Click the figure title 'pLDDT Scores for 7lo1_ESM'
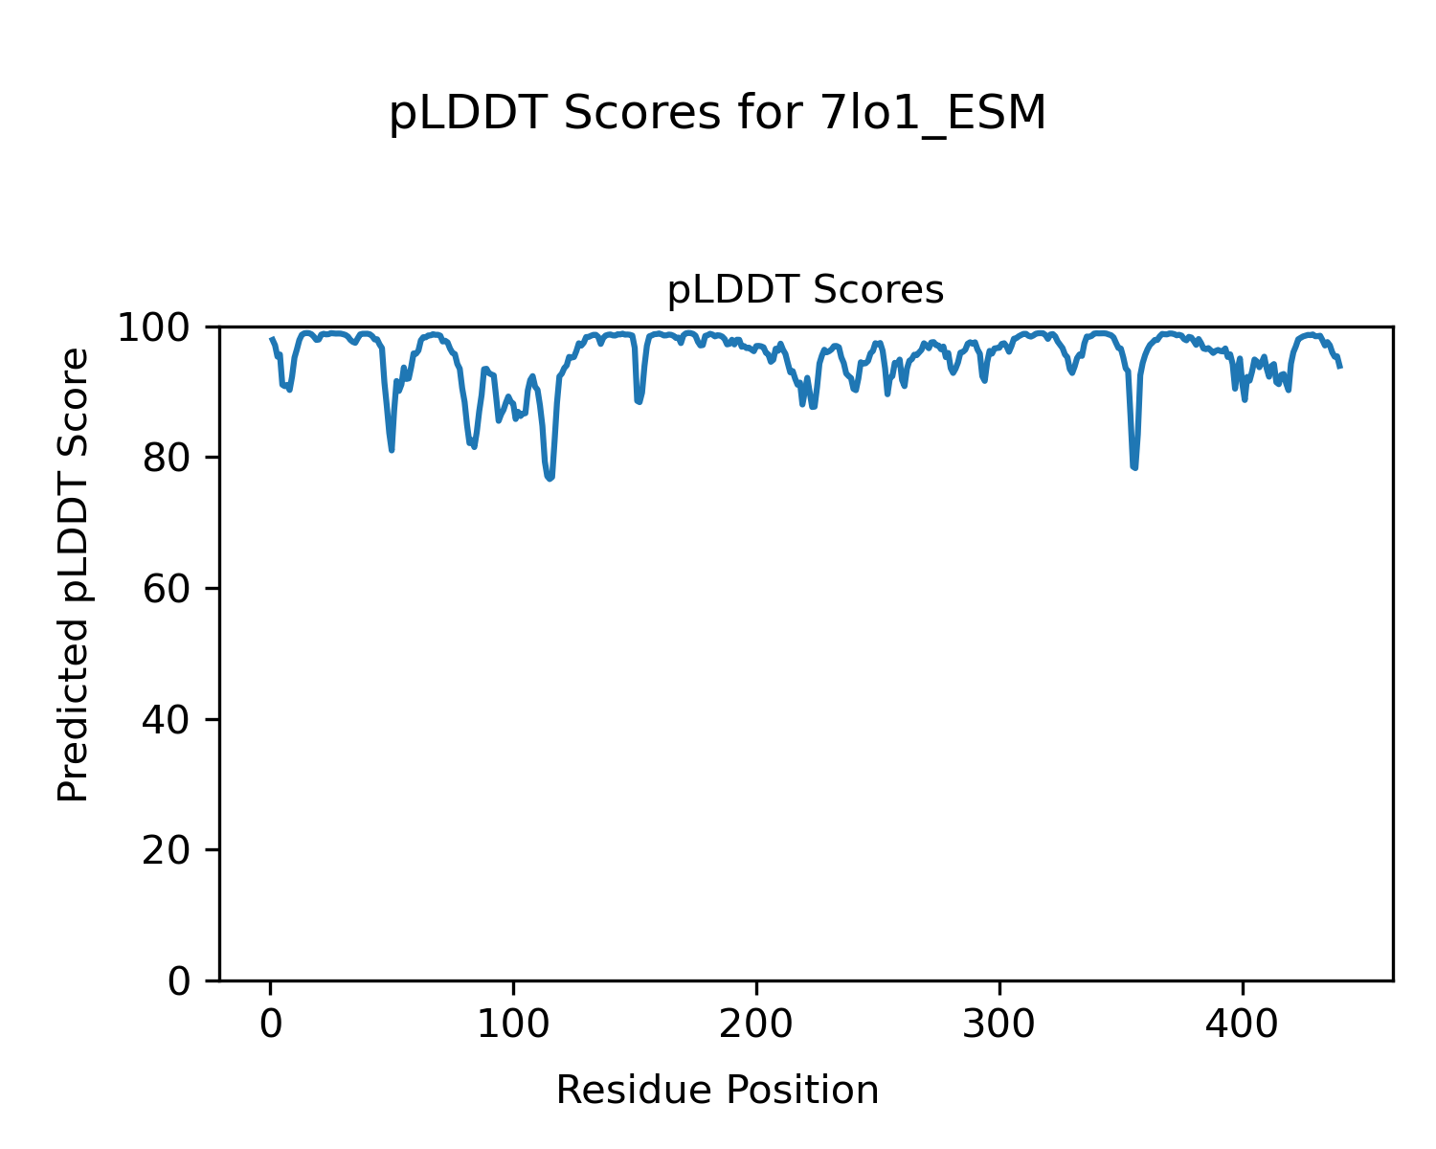717,115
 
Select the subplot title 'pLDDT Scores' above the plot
805,290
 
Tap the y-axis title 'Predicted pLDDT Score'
74,574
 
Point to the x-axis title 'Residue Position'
717,1091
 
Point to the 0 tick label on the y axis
180,981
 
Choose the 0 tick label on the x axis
271,1025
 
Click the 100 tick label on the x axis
514,1025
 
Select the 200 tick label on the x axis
756,1025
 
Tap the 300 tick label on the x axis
999,1025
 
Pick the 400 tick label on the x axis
1243,1025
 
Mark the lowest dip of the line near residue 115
550,478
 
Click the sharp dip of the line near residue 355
1134,467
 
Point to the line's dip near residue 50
392,449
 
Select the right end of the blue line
1340,367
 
